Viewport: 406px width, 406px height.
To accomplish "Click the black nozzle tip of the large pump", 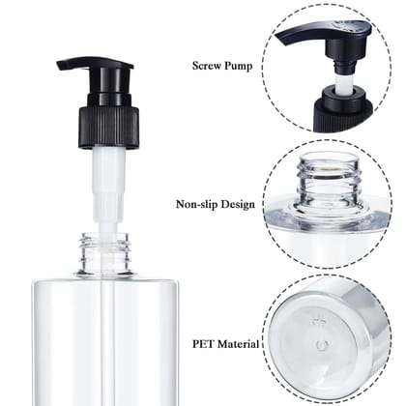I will tap(64, 68).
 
